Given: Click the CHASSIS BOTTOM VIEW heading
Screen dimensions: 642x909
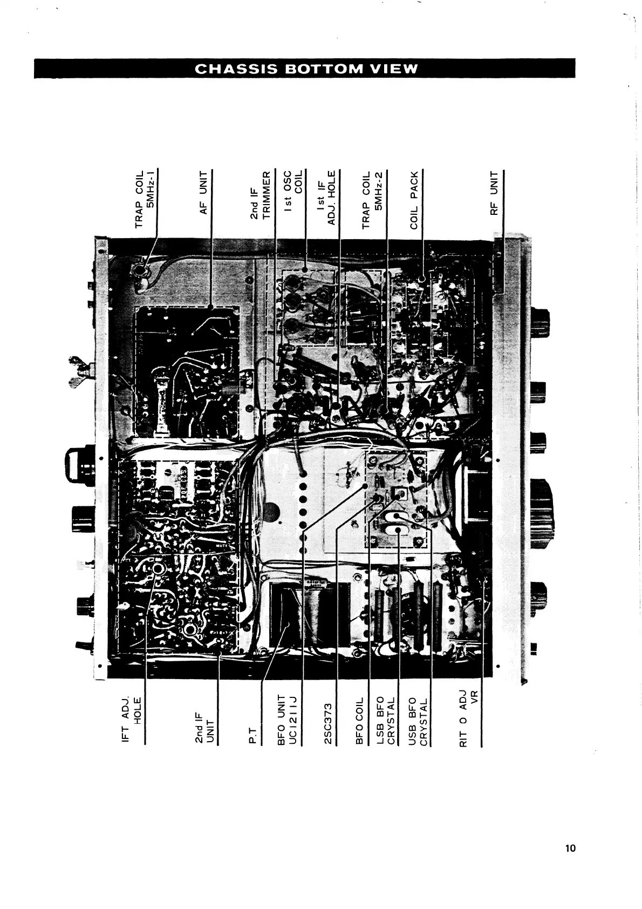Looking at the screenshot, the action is point(305,69).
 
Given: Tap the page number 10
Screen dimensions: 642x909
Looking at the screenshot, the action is point(570,848).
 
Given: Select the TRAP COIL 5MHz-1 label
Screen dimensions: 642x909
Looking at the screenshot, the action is point(145,199).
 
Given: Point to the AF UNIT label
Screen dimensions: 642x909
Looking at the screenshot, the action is point(204,192).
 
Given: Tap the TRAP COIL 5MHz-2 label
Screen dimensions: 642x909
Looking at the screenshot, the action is point(372,200).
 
